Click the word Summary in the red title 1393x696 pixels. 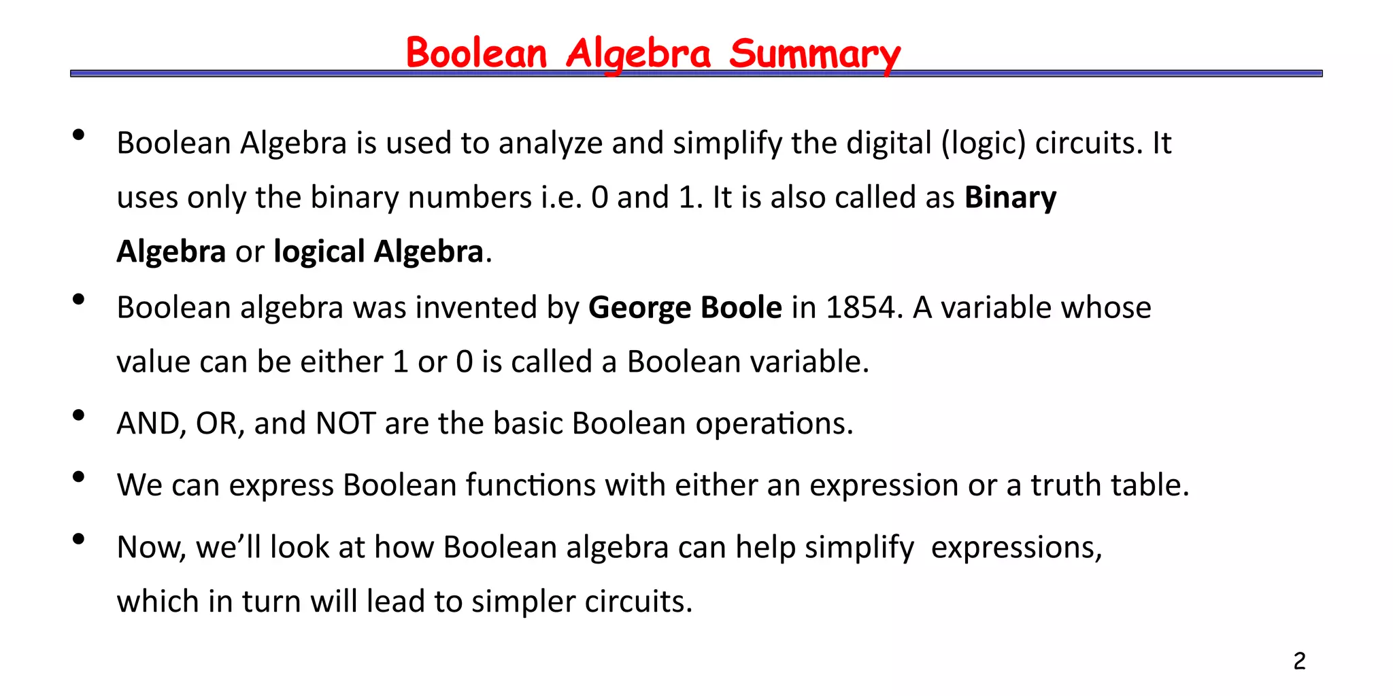814,54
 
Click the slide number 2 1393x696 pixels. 1299,661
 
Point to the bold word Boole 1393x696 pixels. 741,307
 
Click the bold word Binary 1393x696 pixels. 1010,198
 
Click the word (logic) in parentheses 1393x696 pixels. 984,143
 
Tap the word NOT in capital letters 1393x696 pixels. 346,423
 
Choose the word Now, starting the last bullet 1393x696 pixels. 151,547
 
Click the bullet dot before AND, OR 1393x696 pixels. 78,415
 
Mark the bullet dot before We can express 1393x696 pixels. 78,477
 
